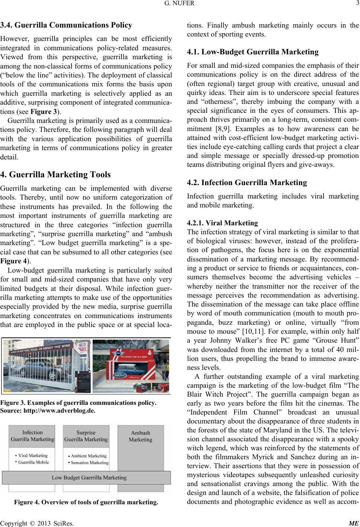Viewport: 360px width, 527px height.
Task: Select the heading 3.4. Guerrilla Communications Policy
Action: click(66, 25)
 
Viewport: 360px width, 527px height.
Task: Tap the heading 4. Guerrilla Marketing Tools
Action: click(56, 174)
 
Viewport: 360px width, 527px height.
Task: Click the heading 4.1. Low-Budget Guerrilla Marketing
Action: click(252, 52)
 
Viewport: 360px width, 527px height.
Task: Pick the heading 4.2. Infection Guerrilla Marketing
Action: click(247, 182)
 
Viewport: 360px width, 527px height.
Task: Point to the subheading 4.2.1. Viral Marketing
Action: click(222, 223)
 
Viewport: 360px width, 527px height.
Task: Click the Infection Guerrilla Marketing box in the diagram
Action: click(32, 436)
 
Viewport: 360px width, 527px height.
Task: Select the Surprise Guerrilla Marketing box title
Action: click(86, 436)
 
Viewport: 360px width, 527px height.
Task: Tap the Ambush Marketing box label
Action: click(140, 436)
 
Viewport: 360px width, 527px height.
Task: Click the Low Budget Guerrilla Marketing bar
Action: click(89, 477)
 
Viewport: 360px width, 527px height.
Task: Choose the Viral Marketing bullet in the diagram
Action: click(33, 455)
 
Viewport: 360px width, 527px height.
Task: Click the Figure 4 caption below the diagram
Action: click(86, 502)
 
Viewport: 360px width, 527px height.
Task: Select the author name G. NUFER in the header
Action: click(180, 4)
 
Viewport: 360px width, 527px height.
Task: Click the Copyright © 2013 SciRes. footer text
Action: click(37, 523)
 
